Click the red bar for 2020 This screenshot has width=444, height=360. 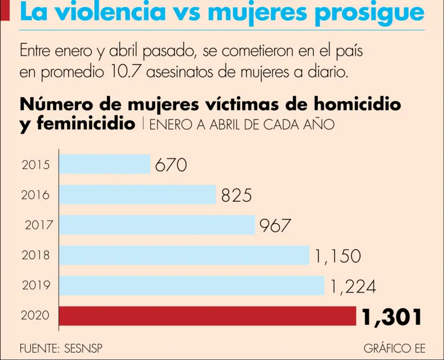coord(208,316)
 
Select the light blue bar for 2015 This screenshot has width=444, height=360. coord(105,164)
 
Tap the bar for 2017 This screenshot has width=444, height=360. coord(157,225)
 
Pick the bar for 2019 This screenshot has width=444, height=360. coord(192,285)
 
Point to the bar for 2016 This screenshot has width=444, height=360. coord(138,195)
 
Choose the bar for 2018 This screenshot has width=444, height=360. coord(184,255)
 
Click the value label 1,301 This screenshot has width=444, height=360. coord(391,317)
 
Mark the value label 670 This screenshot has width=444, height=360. coord(171,165)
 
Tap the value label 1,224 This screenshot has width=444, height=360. coord(353,286)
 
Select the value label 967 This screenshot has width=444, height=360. coord(275,225)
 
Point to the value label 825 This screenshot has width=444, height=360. coord(236,195)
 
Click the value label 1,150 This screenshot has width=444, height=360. coord(338,256)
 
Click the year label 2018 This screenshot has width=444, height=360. coord(36,255)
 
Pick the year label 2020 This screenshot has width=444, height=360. coord(36,316)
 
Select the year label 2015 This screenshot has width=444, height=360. coord(36,165)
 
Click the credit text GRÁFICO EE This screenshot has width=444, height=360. coord(394,348)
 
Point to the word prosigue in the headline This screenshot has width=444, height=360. coord(369,13)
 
